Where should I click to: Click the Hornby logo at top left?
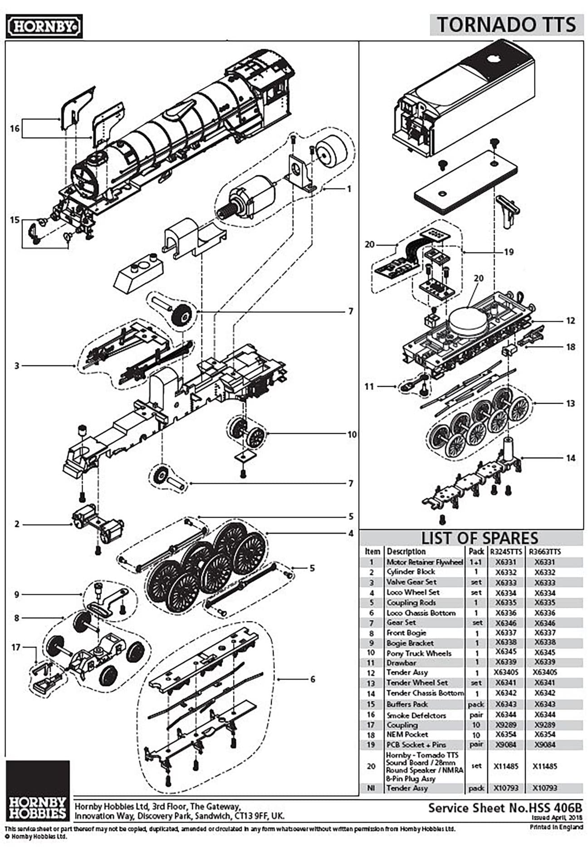44,26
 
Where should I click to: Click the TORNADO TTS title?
506,25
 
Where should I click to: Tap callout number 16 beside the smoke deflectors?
15,129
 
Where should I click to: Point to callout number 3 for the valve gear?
17,365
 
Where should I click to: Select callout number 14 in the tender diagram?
570,458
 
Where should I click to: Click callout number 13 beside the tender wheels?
570,403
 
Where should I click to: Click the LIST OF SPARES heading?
479,538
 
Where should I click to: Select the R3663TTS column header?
544,552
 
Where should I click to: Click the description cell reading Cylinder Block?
411,572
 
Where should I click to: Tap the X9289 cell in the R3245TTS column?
505,725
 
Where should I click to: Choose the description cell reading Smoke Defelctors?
416,715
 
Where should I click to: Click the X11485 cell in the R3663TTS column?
544,766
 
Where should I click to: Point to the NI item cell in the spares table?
371,788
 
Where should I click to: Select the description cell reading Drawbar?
401,663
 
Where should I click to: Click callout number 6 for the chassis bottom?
312,679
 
